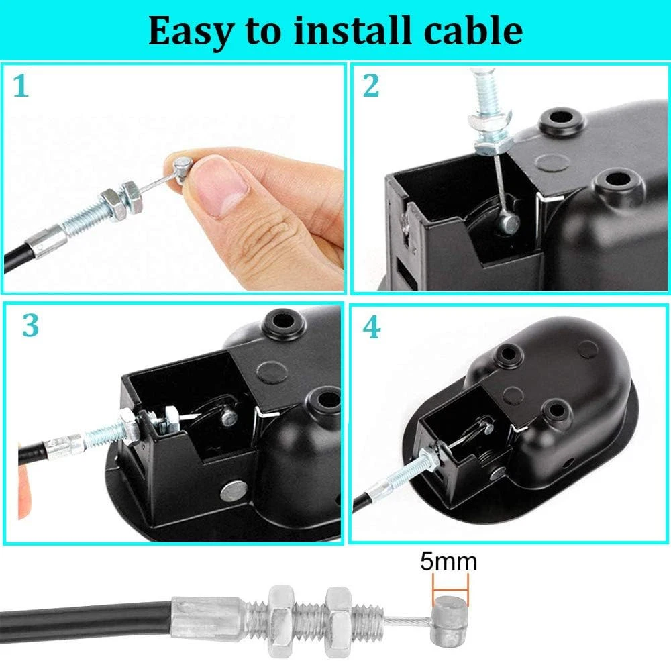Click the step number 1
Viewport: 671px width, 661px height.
click(x=21, y=86)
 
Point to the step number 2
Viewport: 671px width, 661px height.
click(x=370, y=85)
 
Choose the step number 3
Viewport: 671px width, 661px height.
click(x=30, y=325)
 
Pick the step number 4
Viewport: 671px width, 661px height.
click(x=371, y=328)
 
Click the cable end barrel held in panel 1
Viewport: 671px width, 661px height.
click(x=181, y=168)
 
